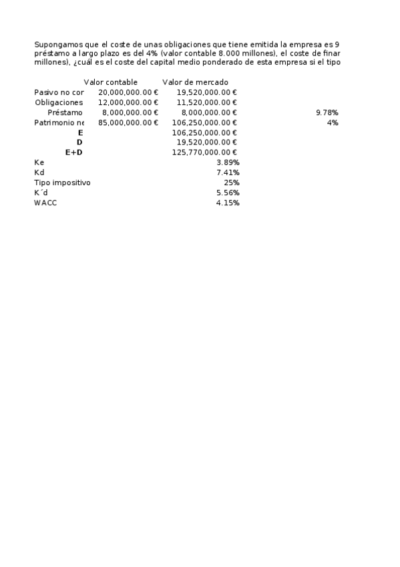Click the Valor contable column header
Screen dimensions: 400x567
point(110,82)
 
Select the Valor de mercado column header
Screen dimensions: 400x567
point(195,82)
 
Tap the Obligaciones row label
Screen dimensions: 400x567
point(59,103)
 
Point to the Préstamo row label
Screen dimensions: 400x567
point(65,113)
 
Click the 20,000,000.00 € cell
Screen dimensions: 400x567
point(128,93)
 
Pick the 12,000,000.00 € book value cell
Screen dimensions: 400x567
point(128,103)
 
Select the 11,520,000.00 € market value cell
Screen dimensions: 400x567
point(207,103)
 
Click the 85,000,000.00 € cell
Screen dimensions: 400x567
point(128,123)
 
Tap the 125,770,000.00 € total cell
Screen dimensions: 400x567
point(205,153)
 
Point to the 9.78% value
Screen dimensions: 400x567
point(327,113)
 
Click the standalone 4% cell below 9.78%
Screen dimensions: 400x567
point(333,123)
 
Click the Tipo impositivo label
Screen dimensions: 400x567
point(62,183)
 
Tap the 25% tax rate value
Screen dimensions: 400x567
point(232,183)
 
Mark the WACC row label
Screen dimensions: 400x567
point(45,203)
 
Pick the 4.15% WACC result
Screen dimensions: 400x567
point(228,203)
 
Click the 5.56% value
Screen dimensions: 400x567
point(228,193)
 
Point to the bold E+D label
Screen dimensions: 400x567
point(73,153)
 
